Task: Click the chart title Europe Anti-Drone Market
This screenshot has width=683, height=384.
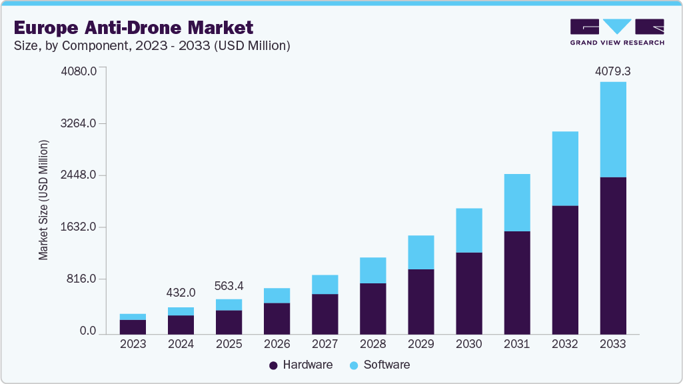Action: (133, 28)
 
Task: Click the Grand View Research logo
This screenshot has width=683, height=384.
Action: (617, 32)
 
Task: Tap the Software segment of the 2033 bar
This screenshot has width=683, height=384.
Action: (612, 129)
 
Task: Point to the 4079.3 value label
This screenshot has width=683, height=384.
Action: (612, 71)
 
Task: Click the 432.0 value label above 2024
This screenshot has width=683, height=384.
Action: (181, 293)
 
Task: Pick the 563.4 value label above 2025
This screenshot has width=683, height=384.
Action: (229, 286)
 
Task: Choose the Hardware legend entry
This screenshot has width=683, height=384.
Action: (300, 365)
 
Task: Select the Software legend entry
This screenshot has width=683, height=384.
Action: (379, 365)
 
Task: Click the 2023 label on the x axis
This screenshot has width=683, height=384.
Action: (133, 344)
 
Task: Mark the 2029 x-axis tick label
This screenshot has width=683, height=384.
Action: (420, 344)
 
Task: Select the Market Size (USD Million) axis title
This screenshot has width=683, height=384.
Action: (44, 200)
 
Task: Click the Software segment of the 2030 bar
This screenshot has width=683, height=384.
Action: (468, 231)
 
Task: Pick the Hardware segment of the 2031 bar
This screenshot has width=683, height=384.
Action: (516, 283)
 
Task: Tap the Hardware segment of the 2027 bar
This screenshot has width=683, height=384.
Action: (325, 313)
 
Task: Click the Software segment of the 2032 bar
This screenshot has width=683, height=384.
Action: (564, 169)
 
